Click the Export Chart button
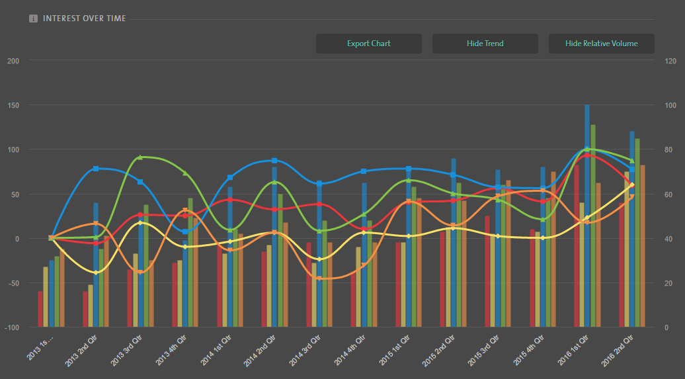click(368, 44)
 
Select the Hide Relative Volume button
click(601, 44)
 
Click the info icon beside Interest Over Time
click(33, 19)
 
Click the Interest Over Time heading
click(84, 19)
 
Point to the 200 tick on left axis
click(13, 61)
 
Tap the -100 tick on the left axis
click(12, 327)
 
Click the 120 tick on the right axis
click(670, 61)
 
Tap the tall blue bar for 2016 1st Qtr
click(587, 218)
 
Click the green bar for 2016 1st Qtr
click(593, 225)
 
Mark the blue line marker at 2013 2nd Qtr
click(96, 169)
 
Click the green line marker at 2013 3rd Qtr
click(140, 157)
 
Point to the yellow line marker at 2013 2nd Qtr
click(96, 273)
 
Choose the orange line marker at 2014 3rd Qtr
click(319, 278)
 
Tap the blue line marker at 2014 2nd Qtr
click(274, 161)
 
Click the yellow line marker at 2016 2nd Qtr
click(631, 185)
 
